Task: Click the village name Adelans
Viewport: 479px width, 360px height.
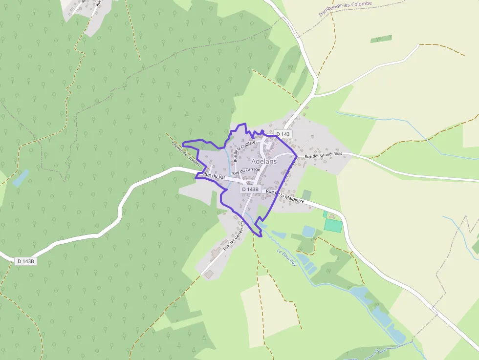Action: coord(264,161)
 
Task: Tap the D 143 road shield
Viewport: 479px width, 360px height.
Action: coord(283,134)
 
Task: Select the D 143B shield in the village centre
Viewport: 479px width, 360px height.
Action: coord(250,189)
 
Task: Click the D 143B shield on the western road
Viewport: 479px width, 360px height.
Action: coord(26,261)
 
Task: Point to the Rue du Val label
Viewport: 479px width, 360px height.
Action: coord(214,175)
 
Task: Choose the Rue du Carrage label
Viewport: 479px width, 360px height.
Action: coord(246,171)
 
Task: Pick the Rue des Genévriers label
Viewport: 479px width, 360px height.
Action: coord(233,236)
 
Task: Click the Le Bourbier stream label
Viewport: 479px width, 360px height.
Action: coord(286,258)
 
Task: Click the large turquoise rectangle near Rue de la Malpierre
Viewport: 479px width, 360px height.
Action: coord(334,225)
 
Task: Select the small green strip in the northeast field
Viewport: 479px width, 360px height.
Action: coord(381,39)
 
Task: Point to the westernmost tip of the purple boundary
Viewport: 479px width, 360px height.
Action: coord(182,144)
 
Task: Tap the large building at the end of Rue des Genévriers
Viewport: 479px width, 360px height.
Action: coord(209,275)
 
